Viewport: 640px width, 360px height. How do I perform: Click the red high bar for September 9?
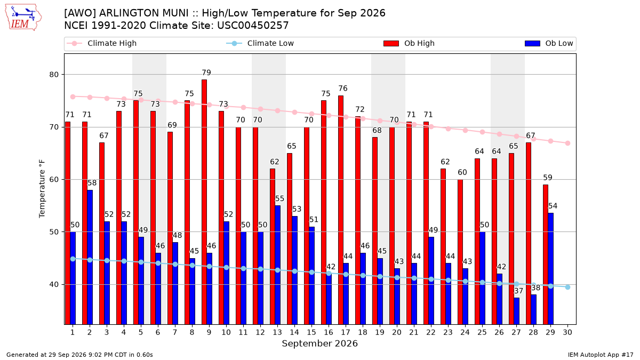point(204,202)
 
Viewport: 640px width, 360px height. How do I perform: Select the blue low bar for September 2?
point(90,257)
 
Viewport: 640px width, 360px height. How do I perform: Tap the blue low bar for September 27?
point(517,311)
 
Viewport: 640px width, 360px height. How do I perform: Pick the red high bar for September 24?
point(460,252)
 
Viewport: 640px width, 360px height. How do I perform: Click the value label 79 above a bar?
point(206,73)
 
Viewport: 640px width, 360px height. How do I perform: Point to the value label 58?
point(92,183)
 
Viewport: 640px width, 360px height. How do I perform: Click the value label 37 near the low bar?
point(518,291)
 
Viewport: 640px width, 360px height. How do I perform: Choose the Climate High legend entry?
point(101,43)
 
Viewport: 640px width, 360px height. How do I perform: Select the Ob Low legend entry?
point(549,43)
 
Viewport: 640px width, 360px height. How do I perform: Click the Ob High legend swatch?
point(391,43)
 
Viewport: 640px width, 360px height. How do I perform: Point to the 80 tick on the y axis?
point(54,75)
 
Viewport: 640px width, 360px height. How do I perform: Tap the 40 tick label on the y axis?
point(54,285)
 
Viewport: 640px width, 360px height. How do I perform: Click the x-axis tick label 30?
point(567,332)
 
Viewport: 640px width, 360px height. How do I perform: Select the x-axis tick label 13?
point(277,332)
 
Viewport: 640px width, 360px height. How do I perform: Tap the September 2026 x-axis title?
point(319,343)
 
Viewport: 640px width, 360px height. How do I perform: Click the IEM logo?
point(23,18)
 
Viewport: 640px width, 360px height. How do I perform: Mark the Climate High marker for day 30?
point(567,143)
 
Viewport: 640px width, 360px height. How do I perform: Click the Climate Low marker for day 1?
point(73,259)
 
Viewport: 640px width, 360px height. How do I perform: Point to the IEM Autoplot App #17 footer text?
point(601,355)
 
